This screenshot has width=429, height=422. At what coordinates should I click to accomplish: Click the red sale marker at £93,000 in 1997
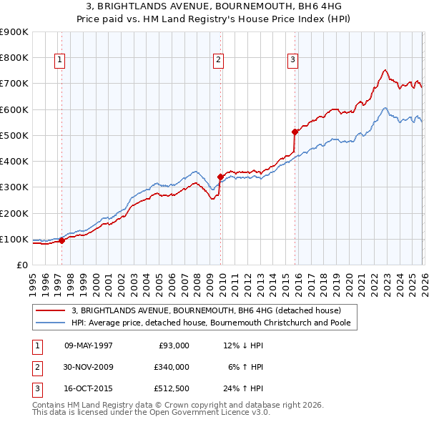click(x=61, y=241)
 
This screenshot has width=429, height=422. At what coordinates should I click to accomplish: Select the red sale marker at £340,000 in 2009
click(x=220, y=176)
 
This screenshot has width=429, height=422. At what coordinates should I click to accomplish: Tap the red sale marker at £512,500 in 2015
click(x=295, y=132)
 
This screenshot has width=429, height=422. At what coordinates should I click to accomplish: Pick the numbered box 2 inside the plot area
click(x=217, y=60)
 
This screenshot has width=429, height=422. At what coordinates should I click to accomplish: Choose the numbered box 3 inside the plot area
click(x=292, y=60)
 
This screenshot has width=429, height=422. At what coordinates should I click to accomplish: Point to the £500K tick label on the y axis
click(x=14, y=135)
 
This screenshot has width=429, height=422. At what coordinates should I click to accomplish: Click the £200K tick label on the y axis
click(x=14, y=213)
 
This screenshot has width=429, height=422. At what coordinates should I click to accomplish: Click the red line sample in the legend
click(x=51, y=310)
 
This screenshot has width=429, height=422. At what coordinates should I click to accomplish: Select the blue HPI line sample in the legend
click(x=51, y=323)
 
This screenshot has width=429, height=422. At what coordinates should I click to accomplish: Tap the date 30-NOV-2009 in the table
click(x=89, y=367)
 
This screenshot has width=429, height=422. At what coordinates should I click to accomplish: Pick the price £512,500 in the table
click(x=171, y=388)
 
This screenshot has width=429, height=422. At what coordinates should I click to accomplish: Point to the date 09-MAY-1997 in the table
click(x=89, y=345)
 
